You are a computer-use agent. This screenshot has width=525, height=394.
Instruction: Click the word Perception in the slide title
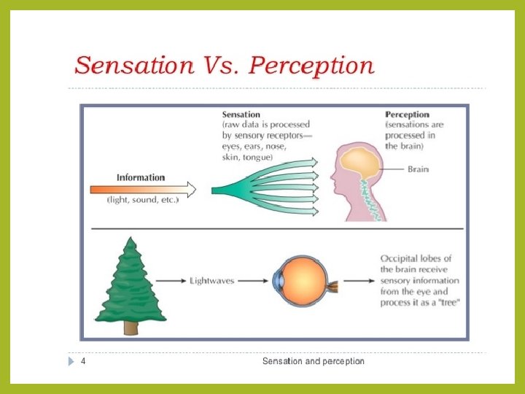(312, 66)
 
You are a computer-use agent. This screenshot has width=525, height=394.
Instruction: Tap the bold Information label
(141, 177)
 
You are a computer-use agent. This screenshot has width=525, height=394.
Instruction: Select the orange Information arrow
(143, 189)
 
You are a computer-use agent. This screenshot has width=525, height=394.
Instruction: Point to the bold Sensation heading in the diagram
(241, 115)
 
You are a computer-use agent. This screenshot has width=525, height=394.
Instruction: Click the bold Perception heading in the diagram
(407, 115)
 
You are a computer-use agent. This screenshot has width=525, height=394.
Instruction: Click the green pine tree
(130, 281)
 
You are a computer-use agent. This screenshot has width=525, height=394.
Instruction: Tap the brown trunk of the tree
(131, 328)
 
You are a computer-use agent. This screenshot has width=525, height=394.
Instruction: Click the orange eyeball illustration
(300, 281)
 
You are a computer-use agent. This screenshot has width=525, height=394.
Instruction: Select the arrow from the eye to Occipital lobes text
(357, 280)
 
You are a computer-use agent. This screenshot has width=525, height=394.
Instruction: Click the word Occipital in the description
(400, 259)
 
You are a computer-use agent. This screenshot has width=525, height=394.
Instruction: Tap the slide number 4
(83, 362)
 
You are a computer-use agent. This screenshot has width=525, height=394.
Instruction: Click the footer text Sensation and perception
(313, 362)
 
